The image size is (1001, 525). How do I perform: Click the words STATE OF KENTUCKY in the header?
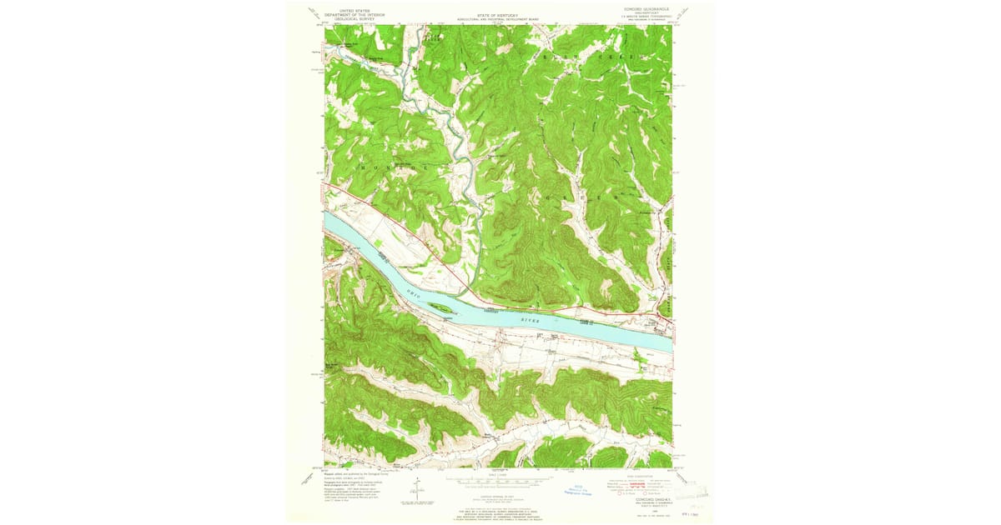[497, 15]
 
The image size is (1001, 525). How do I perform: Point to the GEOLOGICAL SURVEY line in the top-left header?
[355, 19]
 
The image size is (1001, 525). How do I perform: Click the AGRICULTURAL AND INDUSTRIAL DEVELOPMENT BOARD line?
[497, 19]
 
